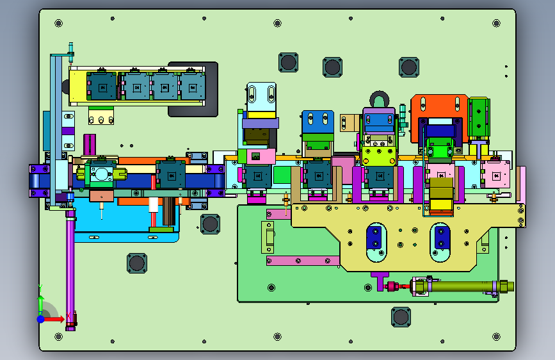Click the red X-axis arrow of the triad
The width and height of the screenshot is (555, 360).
[x=53, y=319]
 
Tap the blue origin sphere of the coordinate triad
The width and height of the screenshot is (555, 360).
[x=41, y=319]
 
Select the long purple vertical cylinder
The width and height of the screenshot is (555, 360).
[x=70, y=269]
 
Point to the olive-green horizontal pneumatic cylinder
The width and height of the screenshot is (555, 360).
[x=463, y=286]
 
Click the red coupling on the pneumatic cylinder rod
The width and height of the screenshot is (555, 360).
[x=392, y=286]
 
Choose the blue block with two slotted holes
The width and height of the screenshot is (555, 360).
[x=318, y=122]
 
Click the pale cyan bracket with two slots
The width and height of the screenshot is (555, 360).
[x=261, y=97]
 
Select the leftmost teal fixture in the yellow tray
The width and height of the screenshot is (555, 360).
[x=102, y=86]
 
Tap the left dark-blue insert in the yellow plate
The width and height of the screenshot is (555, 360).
[x=376, y=238]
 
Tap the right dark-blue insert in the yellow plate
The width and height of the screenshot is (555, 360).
[x=440, y=238]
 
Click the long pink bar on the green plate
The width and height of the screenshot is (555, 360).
[x=303, y=261]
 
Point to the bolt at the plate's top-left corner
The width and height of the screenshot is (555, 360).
[x=59, y=24]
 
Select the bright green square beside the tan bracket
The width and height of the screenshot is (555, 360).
[x=282, y=175]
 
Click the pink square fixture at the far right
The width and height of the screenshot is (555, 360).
[x=496, y=175]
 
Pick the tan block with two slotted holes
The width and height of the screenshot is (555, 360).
[x=350, y=122]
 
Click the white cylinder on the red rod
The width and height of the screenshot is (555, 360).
[x=153, y=205]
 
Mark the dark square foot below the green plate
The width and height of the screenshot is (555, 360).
[x=401, y=317]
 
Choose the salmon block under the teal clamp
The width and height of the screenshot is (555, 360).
[x=102, y=196]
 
